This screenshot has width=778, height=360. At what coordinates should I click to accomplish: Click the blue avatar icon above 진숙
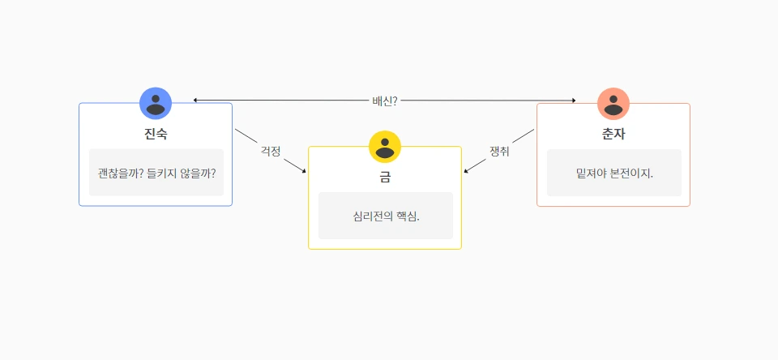click(x=156, y=103)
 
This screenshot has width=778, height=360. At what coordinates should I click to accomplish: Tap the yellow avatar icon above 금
click(x=385, y=147)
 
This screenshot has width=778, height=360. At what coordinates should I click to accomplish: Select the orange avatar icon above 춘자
click(x=613, y=104)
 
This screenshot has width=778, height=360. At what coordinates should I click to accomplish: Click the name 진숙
click(x=156, y=134)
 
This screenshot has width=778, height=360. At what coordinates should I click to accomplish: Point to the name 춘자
click(x=613, y=135)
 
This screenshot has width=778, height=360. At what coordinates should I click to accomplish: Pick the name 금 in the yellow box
click(x=385, y=178)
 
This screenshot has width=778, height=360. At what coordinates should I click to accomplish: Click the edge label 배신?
click(x=384, y=101)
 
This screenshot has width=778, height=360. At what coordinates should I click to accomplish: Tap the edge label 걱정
click(x=271, y=151)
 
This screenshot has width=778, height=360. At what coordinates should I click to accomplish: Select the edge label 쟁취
click(x=499, y=151)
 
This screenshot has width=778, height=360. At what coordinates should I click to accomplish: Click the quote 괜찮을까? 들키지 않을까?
click(x=156, y=173)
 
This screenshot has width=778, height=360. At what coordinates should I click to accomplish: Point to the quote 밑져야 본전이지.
click(x=614, y=174)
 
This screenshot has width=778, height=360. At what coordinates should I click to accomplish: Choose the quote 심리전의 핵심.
click(x=386, y=216)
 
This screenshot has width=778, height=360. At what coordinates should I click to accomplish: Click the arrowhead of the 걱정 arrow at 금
click(x=305, y=171)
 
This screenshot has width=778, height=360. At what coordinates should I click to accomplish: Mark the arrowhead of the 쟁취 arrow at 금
click(x=465, y=171)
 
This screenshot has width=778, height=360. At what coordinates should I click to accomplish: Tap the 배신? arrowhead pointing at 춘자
click(x=573, y=101)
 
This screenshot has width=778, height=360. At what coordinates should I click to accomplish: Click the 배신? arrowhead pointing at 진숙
click(x=195, y=101)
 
